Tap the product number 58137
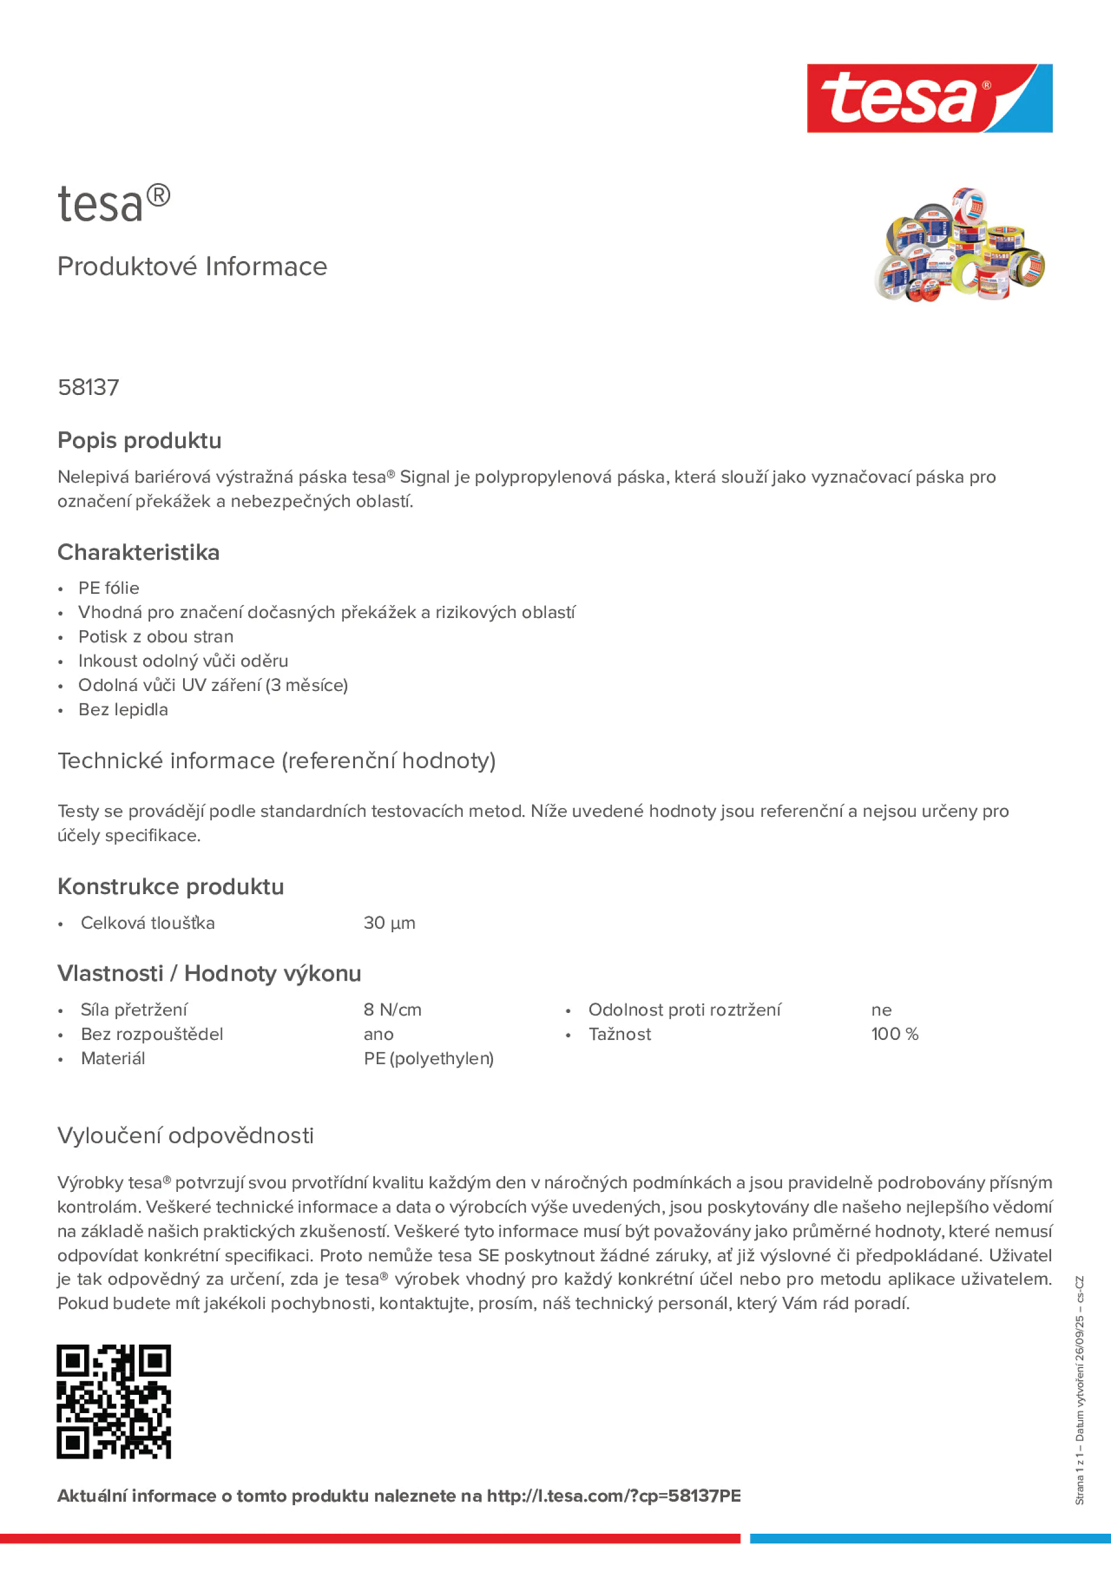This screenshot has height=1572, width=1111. (88, 387)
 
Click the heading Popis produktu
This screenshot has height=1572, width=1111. (139, 440)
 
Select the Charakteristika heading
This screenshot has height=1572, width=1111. (138, 552)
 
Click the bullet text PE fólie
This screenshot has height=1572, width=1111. (108, 588)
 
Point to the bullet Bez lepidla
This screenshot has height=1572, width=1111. (122, 709)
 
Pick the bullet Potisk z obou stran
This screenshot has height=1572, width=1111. (155, 637)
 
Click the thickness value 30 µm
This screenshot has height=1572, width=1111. (389, 923)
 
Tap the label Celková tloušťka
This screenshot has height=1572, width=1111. (147, 923)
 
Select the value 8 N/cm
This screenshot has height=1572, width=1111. (393, 1010)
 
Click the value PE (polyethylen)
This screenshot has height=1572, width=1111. (428, 1059)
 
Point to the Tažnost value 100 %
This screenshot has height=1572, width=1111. (894, 1034)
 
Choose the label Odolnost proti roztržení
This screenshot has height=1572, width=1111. (684, 1010)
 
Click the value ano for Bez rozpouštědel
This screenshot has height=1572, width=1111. (378, 1034)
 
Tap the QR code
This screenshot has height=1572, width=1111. (114, 1401)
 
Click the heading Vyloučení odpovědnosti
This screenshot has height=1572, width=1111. (185, 1135)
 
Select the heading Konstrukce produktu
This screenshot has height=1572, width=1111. (171, 887)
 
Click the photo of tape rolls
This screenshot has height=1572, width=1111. (959, 244)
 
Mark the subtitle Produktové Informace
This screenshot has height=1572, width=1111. (192, 267)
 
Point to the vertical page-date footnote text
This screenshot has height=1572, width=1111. (1079, 1390)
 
